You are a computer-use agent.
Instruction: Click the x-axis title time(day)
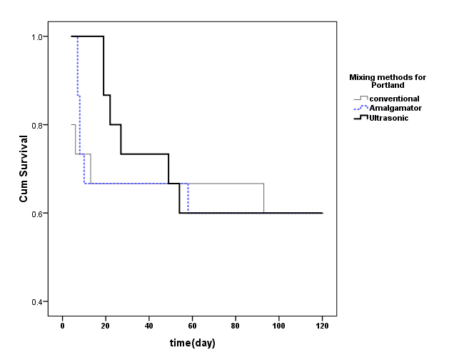[x=192, y=343]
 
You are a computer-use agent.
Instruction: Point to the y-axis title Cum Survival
[x=24, y=169]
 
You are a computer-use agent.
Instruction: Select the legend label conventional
[x=394, y=98]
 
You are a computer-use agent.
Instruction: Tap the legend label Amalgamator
[x=395, y=107]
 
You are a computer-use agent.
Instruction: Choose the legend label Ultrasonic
[x=390, y=116]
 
